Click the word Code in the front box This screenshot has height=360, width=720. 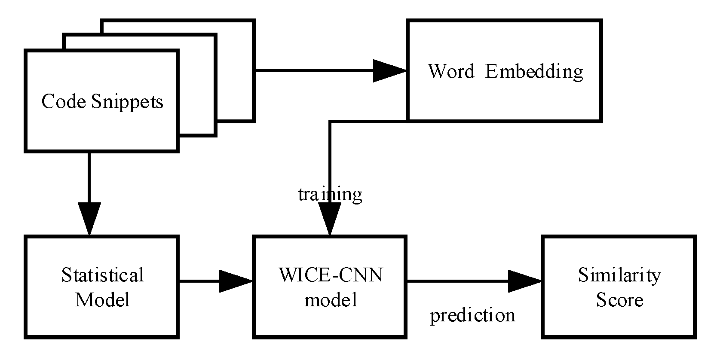64,102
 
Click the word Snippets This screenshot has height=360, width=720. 127,102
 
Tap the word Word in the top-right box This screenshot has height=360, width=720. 450,71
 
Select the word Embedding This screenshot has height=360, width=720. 534,71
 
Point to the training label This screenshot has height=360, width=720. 330,194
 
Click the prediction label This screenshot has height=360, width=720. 472,315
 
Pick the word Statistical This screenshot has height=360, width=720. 102,275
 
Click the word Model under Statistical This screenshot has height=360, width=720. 102,299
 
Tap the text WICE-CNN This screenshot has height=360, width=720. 331,275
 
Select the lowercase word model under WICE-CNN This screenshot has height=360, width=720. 331,299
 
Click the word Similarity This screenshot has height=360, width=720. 619,275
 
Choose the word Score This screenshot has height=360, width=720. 619,299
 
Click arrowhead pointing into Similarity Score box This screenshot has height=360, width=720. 524,281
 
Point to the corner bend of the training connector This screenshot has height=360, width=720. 330,122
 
